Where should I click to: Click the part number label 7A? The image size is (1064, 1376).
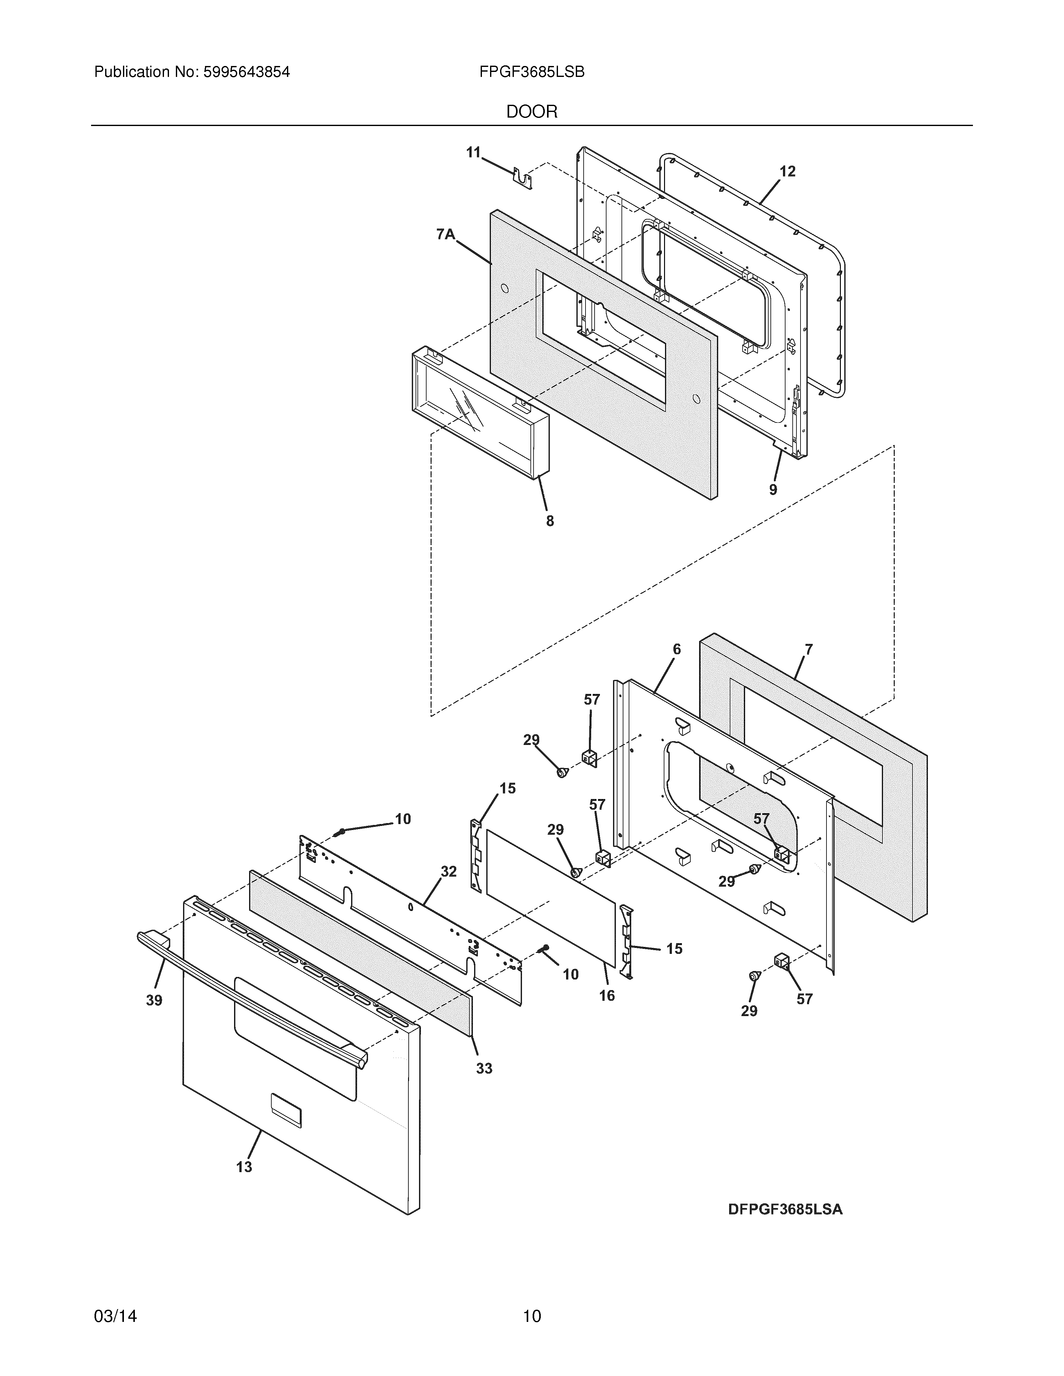[445, 234]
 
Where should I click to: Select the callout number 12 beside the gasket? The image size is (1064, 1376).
[787, 171]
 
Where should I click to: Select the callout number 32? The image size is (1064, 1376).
[448, 871]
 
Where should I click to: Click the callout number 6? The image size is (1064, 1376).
[676, 649]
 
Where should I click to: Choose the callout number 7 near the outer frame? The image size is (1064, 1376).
[809, 649]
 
